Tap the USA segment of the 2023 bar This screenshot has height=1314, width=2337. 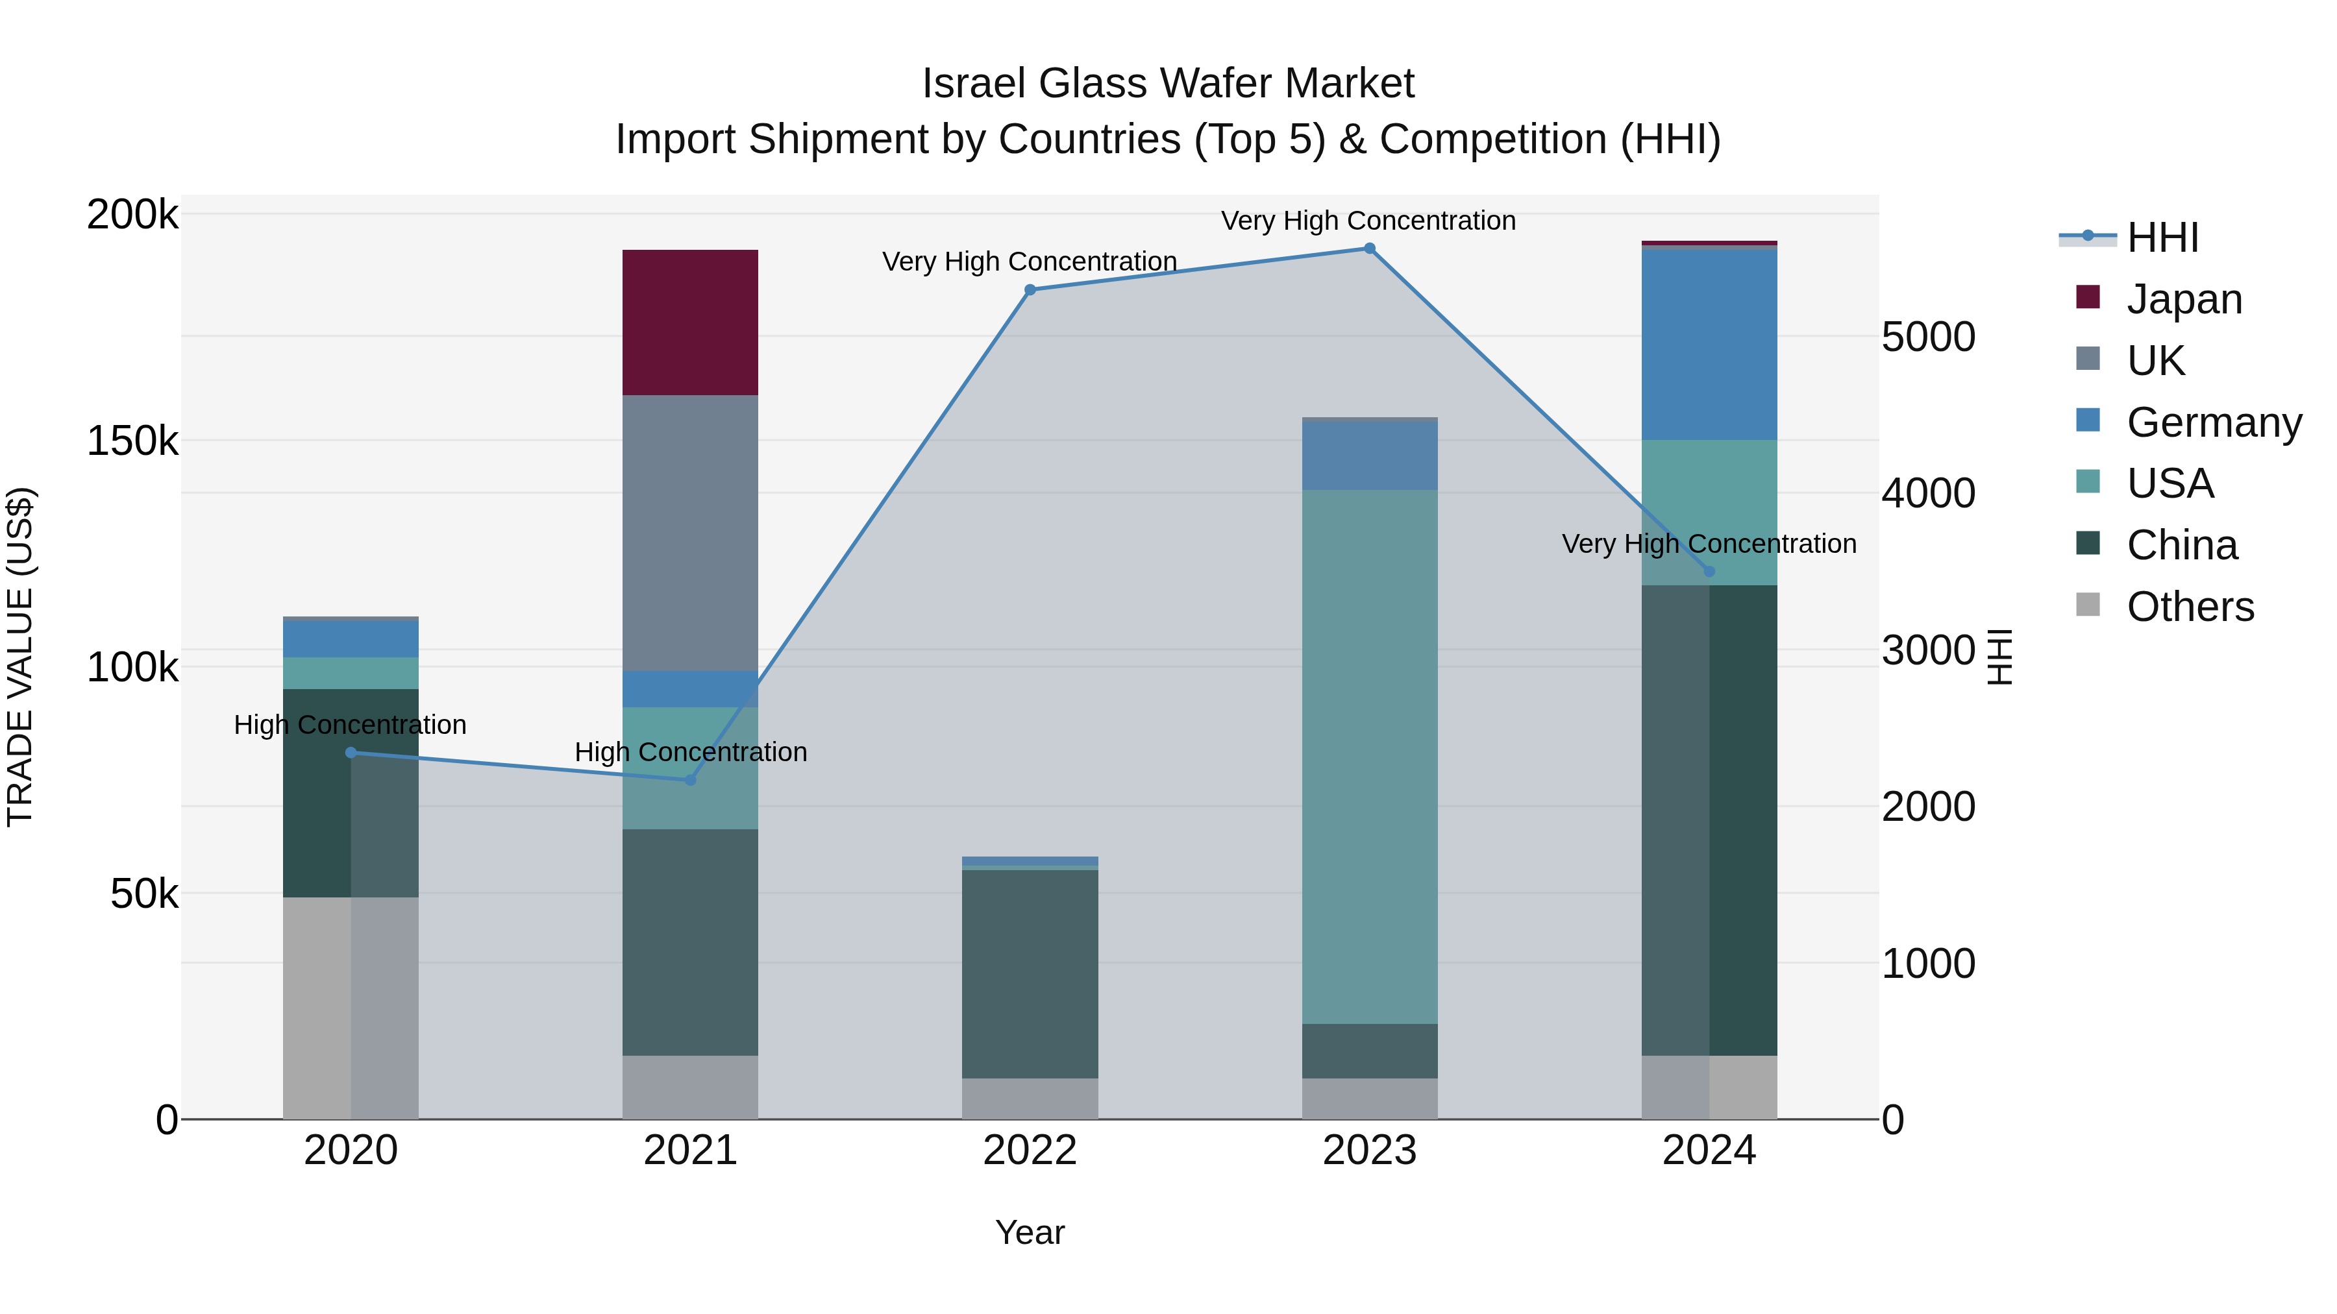(x=1369, y=757)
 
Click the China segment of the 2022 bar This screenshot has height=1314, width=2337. (x=1030, y=973)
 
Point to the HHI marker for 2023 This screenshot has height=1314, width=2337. (x=1369, y=249)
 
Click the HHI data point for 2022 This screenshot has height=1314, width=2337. (x=1030, y=290)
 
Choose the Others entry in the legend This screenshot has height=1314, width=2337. (x=2188, y=607)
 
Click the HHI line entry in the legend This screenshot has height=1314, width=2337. (x=2161, y=237)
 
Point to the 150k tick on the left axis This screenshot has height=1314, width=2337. (x=132, y=442)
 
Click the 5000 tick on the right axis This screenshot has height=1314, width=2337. (x=1928, y=337)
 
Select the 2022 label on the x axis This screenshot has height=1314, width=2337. (x=1030, y=1150)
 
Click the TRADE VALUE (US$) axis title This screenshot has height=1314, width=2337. (x=20, y=657)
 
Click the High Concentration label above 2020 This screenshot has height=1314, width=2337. (x=350, y=725)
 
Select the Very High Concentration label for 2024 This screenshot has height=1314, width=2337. (x=1709, y=544)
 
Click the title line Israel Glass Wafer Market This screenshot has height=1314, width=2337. (x=1168, y=84)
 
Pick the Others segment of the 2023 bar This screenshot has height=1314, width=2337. (x=1369, y=1098)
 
